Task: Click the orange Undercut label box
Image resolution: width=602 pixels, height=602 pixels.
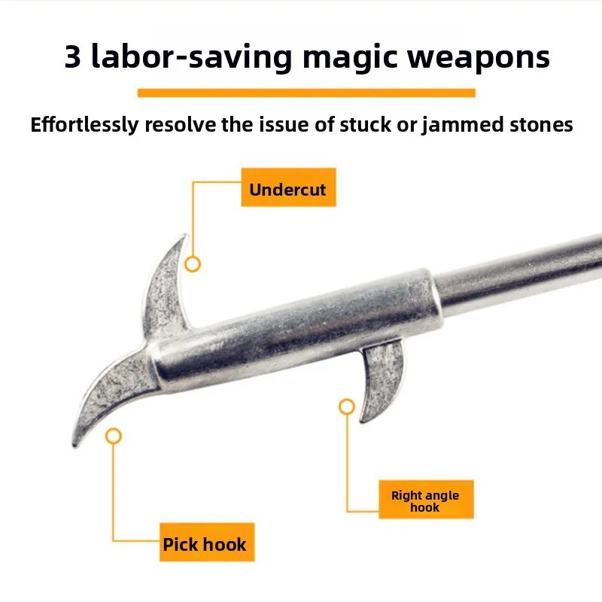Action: (x=287, y=189)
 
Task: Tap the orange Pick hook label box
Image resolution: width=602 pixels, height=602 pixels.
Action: (x=205, y=543)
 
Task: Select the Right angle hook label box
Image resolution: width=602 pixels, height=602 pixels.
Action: (x=425, y=500)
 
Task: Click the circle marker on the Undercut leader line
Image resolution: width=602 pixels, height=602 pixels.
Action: (x=193, y=264)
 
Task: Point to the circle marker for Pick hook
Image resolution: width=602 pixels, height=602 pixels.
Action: (x=114, y=436)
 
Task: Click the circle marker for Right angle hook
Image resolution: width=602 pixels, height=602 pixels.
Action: (x=346, y=407)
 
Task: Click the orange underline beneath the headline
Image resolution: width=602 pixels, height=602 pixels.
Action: (x=306, y=93)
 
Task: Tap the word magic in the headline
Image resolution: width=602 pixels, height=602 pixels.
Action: (x=352, y=58)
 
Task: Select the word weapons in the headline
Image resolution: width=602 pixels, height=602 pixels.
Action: (x=480, y=58)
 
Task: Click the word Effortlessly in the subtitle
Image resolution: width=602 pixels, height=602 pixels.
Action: (x=84, y=125)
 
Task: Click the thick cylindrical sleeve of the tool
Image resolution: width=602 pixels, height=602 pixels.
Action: (x=301, y=324)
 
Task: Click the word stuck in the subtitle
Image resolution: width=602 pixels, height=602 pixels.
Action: (x=364, y=125)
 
